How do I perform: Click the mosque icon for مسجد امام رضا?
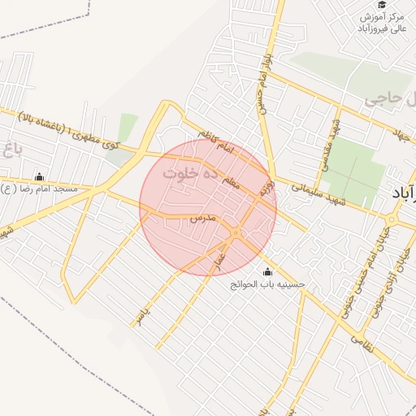(38, 177)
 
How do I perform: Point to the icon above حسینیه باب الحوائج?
(268, 272)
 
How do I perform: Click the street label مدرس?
(201, 219)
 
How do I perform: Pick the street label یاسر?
(143, 314)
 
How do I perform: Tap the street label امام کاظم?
(215, 145)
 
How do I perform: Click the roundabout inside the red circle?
(236, 234)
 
